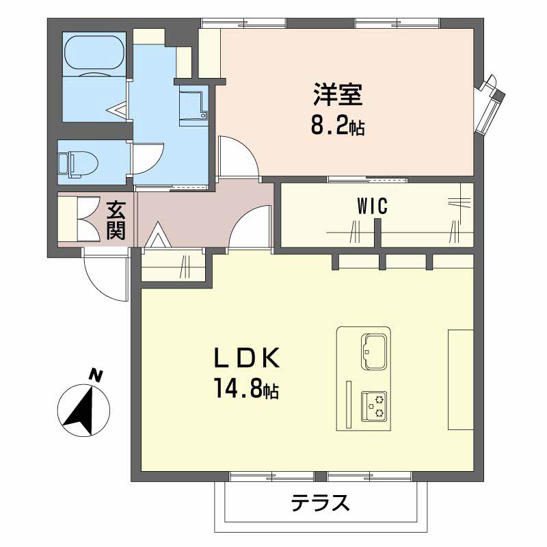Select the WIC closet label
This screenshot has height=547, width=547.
pos(372,206)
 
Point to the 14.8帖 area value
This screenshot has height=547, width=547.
pos(246,390)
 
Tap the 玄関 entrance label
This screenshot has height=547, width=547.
pos(116,219)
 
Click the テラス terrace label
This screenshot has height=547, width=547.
pos(321,504)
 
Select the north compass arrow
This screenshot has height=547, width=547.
pos(81,410)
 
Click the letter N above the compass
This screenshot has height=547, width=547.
pos(96,375)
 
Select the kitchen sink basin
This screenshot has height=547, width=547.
pos(374,351)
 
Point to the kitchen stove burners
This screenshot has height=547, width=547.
pos(374,408)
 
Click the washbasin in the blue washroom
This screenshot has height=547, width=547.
pos(194,107)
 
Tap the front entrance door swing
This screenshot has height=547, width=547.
pos(106,277)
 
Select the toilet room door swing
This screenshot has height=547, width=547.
pos(146,159)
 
